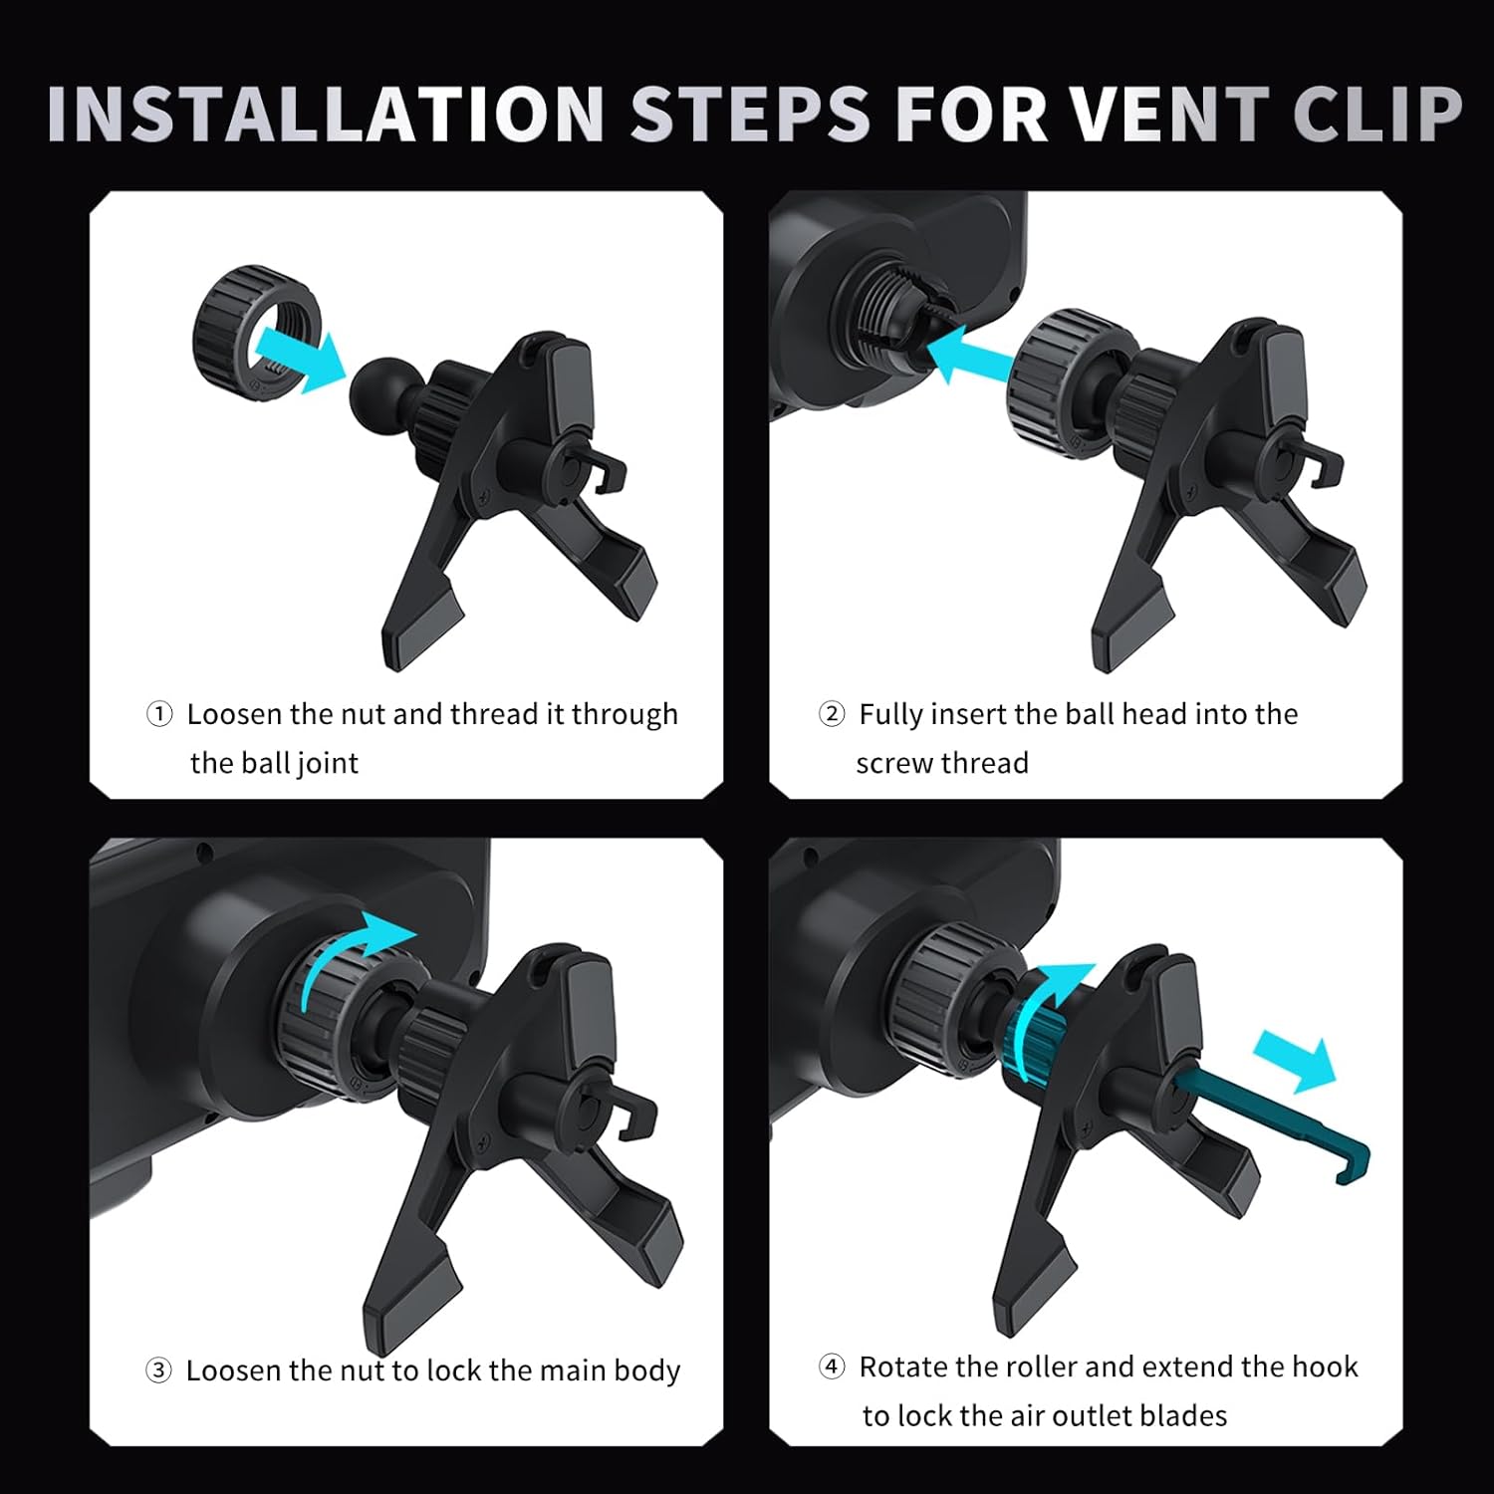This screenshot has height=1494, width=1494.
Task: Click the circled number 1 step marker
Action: pyautogui.click(x=159, y=714)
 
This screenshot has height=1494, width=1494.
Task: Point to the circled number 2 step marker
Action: pyautogui.click(x=832, y=714)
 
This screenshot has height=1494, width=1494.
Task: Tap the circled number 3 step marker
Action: pyautogui.click(x=158, y=1370)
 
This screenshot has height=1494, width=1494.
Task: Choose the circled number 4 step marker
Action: pyautogui.click(x=832, y=1367)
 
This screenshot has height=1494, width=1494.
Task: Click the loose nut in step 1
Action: pyautogui.click(x=256, y=332)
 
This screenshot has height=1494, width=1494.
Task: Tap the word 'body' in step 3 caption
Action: pyautogui.click(x=647, y=1371)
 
